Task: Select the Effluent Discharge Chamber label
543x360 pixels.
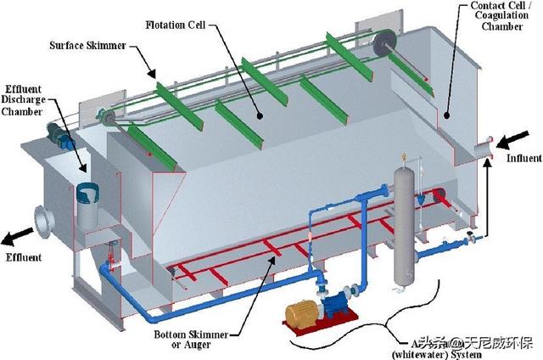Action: [x=26, y=101]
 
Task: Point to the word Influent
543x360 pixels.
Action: [x=523, y=159]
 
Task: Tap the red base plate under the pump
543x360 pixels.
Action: [x=322, y=326]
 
